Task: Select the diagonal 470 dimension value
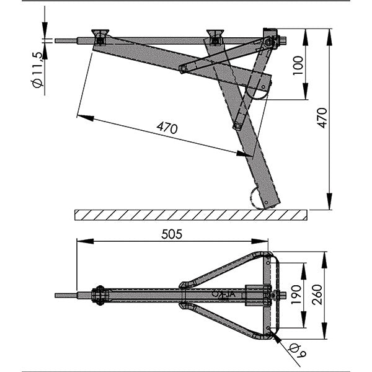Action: (x=167, y=128)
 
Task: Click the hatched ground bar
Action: (x=190, y=215)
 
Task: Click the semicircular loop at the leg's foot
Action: (x=257, y=198)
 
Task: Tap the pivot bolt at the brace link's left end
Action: (x=182, y=69)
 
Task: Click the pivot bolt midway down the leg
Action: (x=237, y=126)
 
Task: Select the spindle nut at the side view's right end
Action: (x=270, y=41)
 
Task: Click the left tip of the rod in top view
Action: (x=56, y=296)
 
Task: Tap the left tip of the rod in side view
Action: (x=56, y=42)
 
